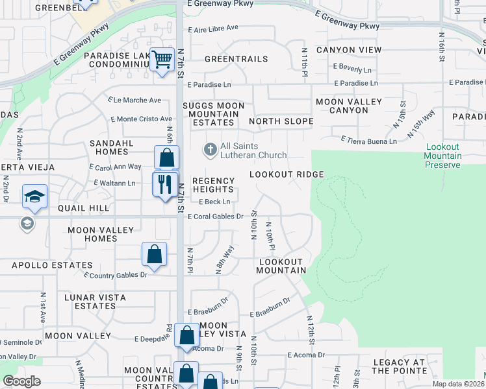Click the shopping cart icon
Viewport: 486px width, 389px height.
point(162,60)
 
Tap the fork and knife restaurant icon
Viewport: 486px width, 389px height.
point(165,183)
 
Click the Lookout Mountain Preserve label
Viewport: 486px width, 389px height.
point(443,156)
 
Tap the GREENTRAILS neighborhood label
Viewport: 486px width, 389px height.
point(236,59)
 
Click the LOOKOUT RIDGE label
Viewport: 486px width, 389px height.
point(287,175)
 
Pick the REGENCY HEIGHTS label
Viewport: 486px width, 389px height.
point(212,185)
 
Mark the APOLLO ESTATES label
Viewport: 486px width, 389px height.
point(52,265)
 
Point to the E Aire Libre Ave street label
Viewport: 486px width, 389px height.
point(213,28)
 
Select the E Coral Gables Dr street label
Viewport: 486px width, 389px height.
point(215,217)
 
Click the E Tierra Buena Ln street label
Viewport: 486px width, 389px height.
point(369,141)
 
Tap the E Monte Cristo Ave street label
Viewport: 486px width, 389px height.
point(141,119)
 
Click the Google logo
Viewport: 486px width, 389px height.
point(21,381)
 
